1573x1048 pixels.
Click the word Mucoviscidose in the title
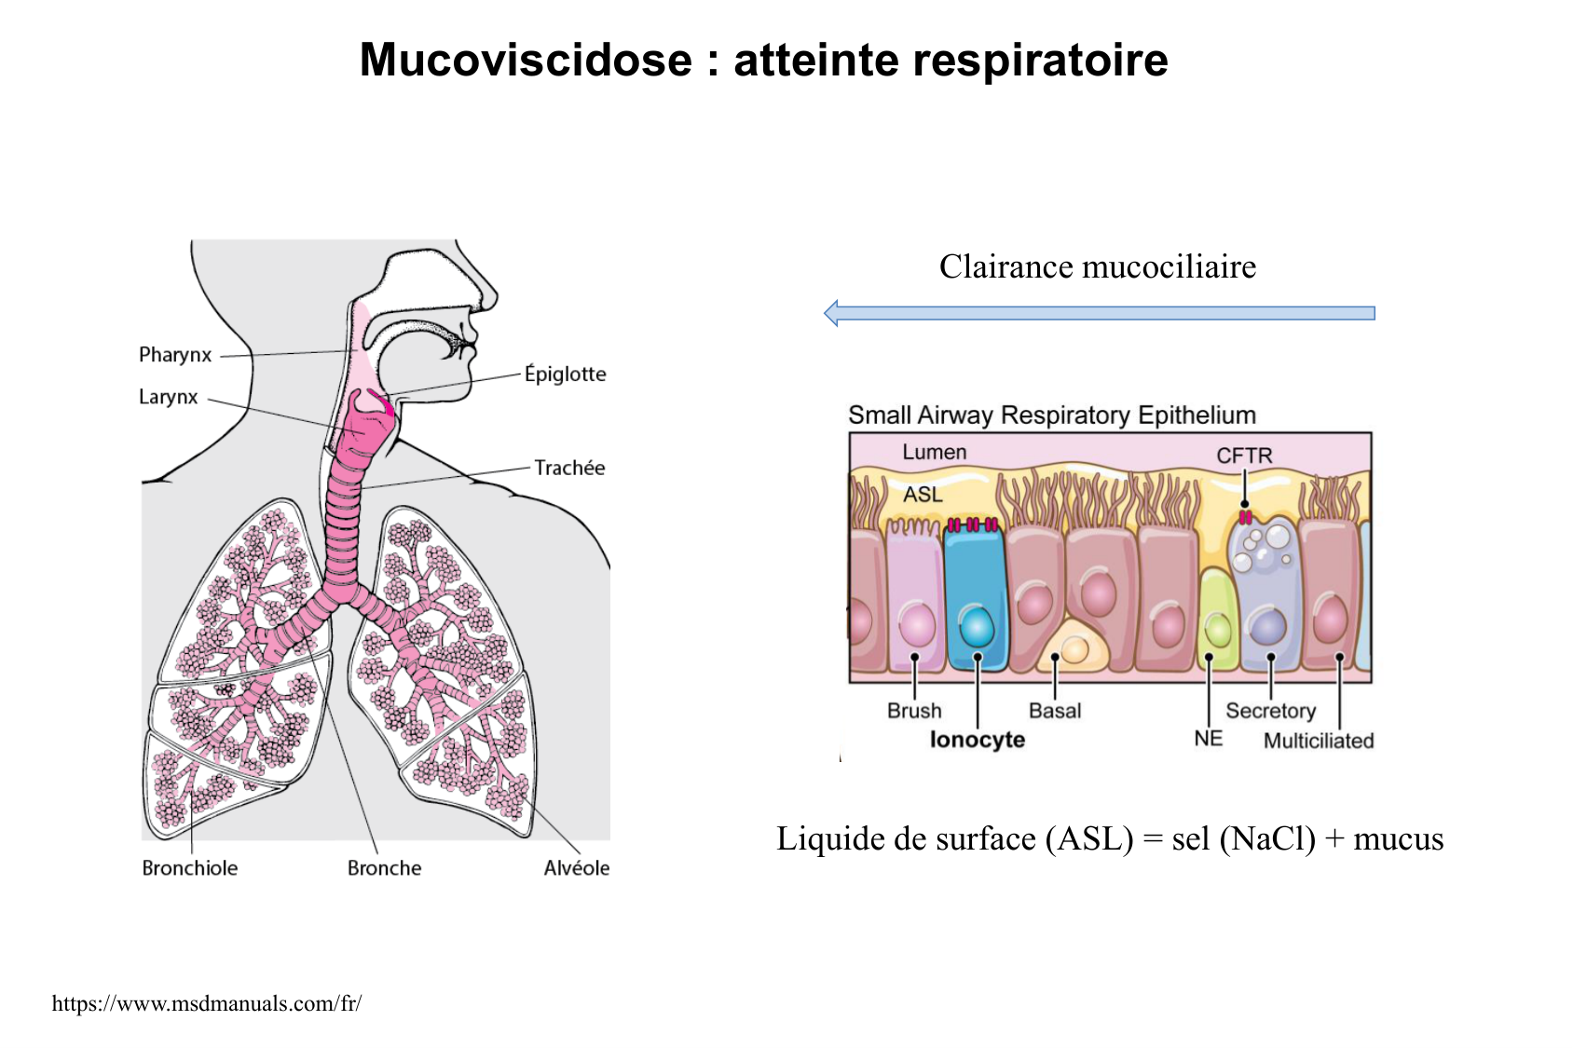click(x=526, y=61)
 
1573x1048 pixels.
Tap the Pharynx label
click(x=175, y=355)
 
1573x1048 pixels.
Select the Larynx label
click(x=168, y=397)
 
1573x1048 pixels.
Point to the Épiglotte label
click(x=565, y=374)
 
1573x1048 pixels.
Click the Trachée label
click(x=569, y=468)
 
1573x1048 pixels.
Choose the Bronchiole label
click(x=190, y=868)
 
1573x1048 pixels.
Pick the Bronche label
click(x=384, y=868)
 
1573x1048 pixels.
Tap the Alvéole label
click(x=576, y=868)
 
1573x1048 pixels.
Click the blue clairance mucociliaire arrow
click(x=1100, y=313)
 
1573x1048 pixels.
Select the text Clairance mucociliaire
click(x=1098, y=267)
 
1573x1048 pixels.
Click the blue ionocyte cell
click(x=975, y=596)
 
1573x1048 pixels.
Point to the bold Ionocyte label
click(x=978, y=740)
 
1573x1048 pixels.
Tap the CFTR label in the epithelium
click(x=1244, y=456)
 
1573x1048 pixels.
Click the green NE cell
click(x=1216, y=619)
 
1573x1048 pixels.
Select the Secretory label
click(x=1270, y=711)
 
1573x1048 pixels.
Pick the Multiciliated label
click(x=1319, y=741)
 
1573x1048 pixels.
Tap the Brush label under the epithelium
click(x=914, y=711)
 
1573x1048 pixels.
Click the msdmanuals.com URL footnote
click(x=207, y=1003)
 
